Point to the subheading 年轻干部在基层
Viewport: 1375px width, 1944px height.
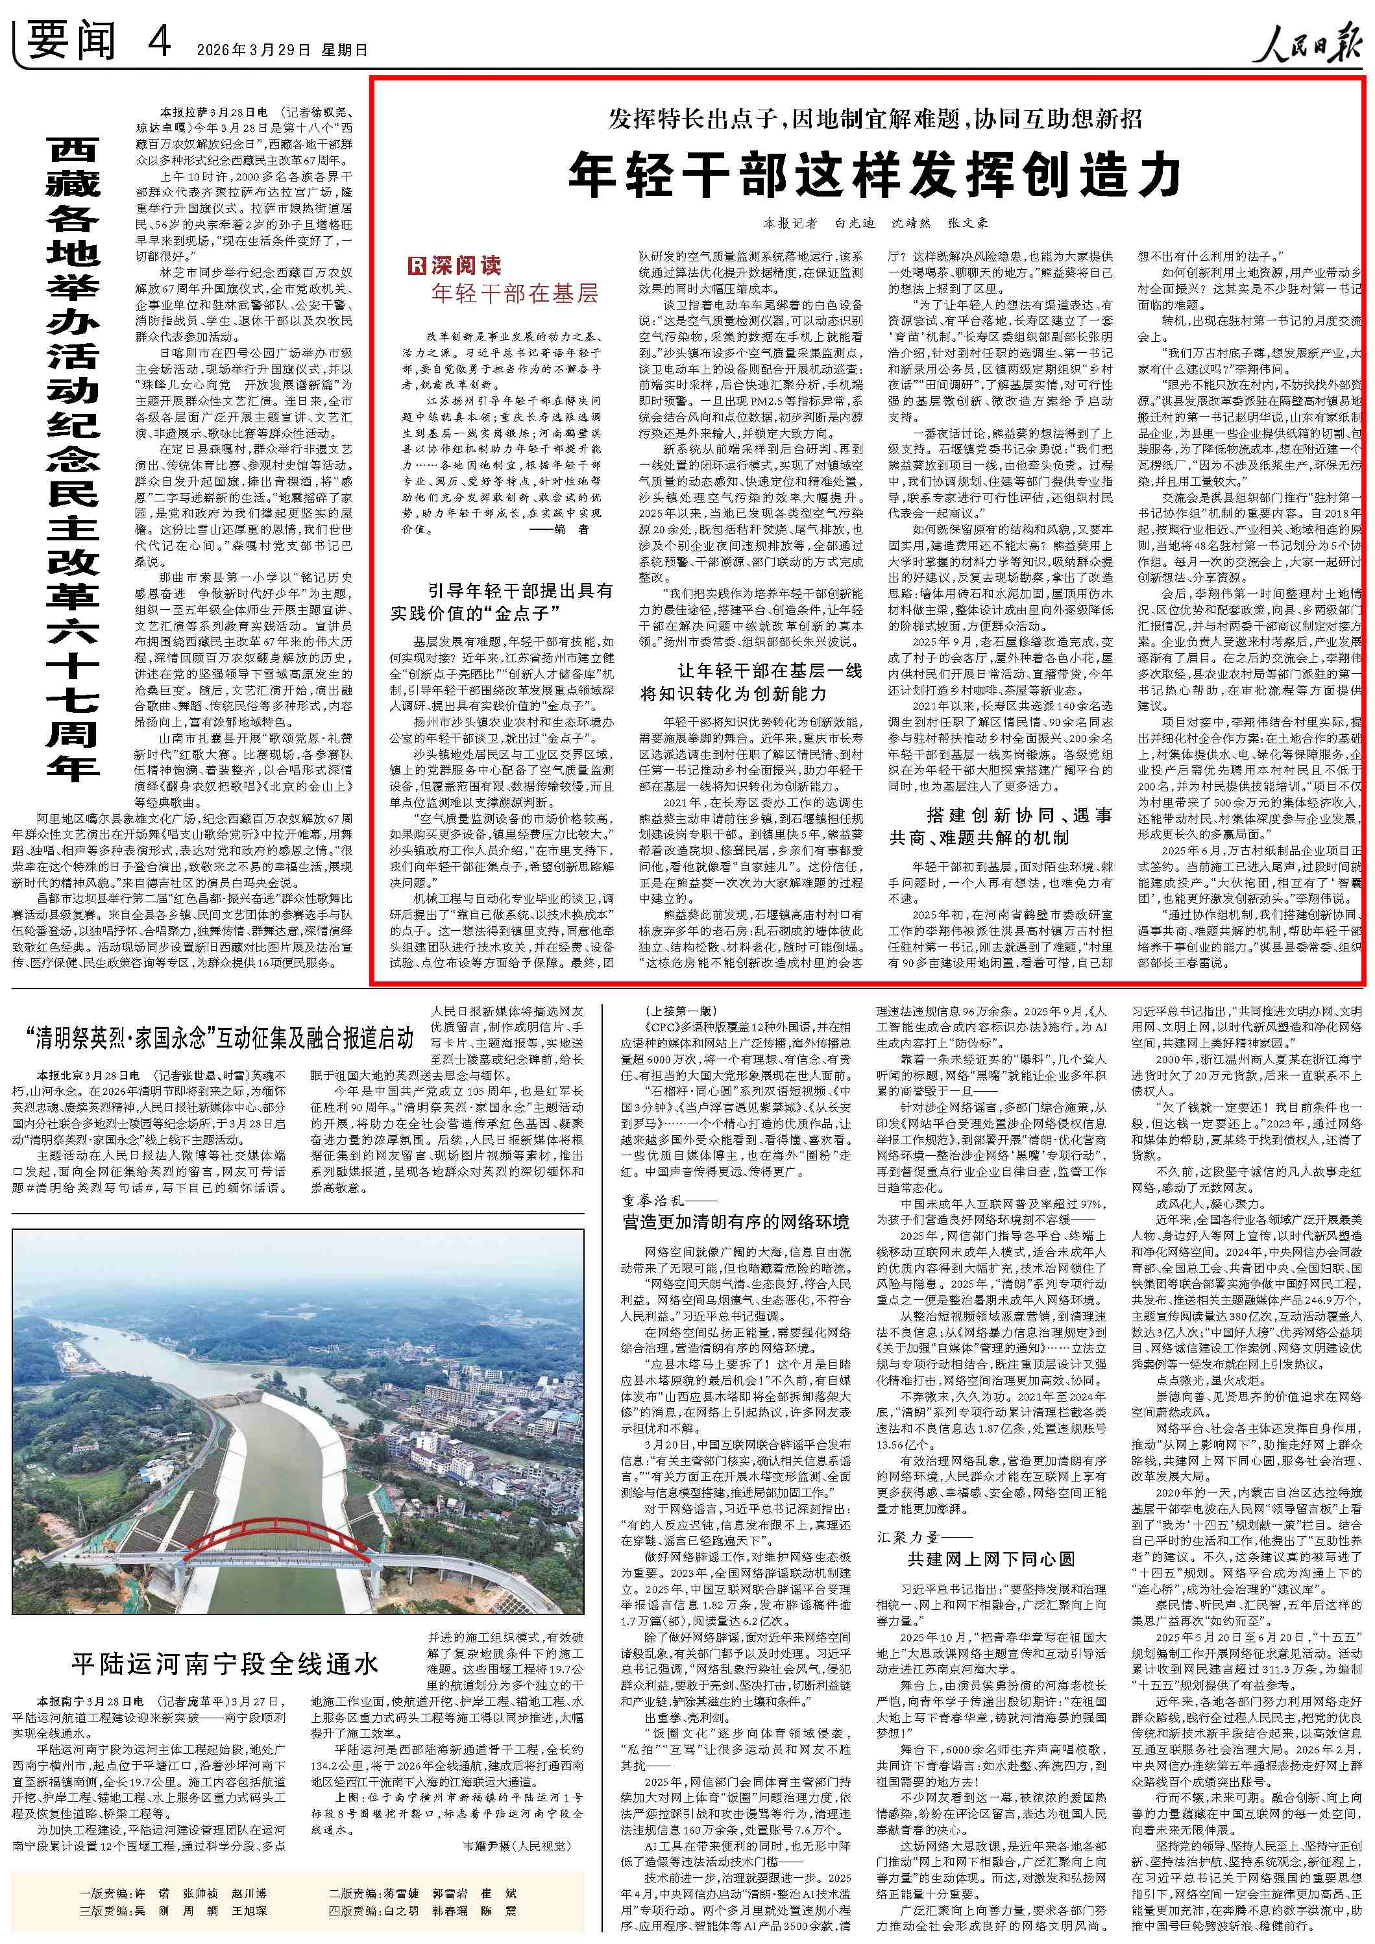tap(515, 294)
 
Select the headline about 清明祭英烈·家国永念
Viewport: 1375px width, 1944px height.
tap(219, 1038)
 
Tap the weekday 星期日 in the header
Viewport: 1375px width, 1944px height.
tap(344, 50)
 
